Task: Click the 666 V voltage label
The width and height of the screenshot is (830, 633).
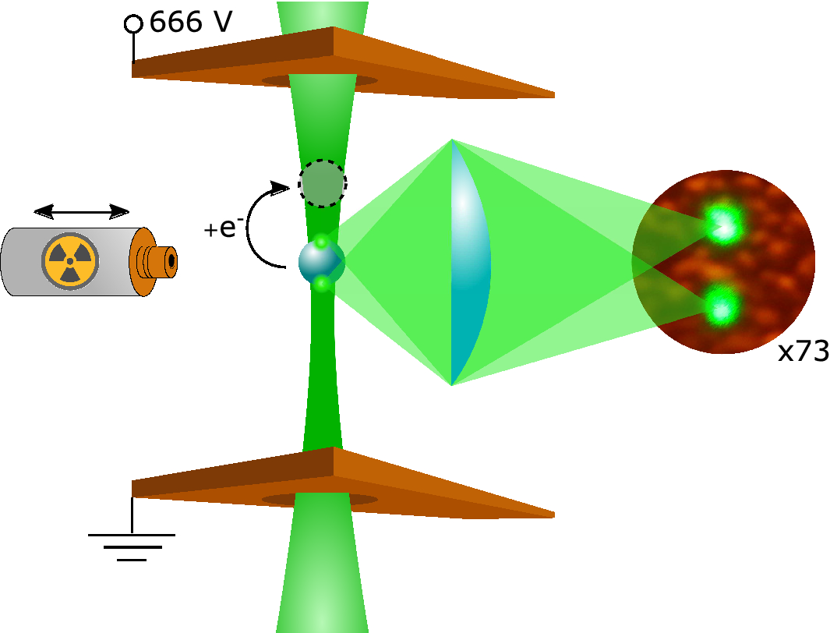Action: (x=190, y=23)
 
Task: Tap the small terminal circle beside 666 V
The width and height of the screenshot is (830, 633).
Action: (x=133, y=24)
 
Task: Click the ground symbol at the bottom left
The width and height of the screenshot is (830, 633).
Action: (x=132, y=546)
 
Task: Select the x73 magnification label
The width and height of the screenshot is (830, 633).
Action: (x=803, y=352)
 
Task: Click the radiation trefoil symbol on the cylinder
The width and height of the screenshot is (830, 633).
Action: (x=70, y=260)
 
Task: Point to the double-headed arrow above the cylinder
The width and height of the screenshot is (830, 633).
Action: (x=82, y=210)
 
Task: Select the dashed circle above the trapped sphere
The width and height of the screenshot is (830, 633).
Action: (x=323, y=184)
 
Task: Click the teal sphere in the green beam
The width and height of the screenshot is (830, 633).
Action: (x=320, y=263)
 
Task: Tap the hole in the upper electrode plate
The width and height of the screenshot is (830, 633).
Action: (x=320, y=80)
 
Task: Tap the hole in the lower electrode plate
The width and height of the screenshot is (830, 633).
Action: (x=320, y=499)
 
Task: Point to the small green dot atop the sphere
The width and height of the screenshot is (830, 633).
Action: (x=320, y=242)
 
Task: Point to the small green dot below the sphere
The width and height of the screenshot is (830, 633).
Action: (x=321, y=285)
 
